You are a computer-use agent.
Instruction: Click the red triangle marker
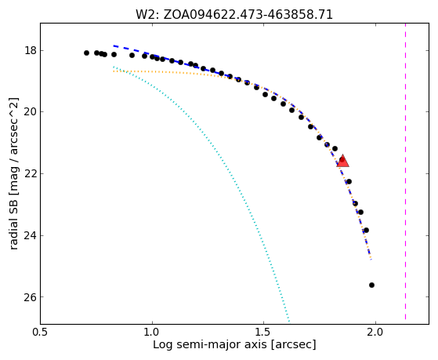point(342,161)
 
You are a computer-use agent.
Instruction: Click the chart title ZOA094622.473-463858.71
point(248,15)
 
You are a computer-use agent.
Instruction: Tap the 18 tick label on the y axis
point(31,51)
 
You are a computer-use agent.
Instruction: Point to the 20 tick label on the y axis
point(31,112)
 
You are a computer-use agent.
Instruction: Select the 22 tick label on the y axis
point(31,174)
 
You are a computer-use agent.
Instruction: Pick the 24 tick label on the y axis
point(31,236)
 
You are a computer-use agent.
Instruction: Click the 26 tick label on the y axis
point(31,297)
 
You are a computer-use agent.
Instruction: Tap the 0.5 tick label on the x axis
point(41,333)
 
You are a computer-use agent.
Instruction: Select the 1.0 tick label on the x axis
point(152,333)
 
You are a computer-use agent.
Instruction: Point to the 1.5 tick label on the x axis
point(264,333)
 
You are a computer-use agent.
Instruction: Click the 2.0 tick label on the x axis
point(375,333)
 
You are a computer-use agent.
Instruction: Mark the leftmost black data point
point(87,53)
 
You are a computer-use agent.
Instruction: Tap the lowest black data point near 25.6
point(371,285)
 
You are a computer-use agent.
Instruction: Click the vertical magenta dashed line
point(405,172)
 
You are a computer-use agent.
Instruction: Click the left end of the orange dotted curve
point(114,71)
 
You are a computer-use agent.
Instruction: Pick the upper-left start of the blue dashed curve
point(114,45)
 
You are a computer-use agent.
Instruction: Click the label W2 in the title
point(145,15)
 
